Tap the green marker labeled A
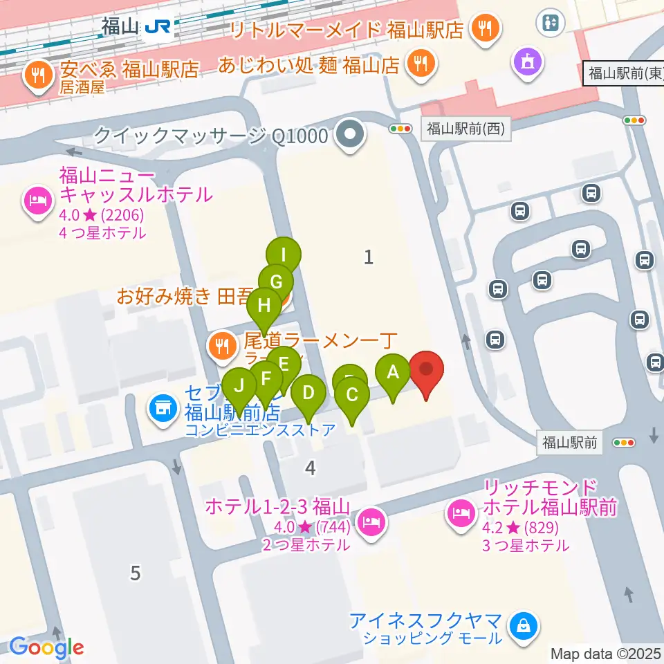393,373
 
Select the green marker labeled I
284,255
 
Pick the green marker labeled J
239,385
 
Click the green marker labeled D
308,394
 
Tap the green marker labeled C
351,396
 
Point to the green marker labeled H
264,306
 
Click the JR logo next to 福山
159,27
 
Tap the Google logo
46,647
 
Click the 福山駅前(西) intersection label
465,128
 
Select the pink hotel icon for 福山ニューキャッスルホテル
37,201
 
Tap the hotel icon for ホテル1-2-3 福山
372,519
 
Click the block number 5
136,573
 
